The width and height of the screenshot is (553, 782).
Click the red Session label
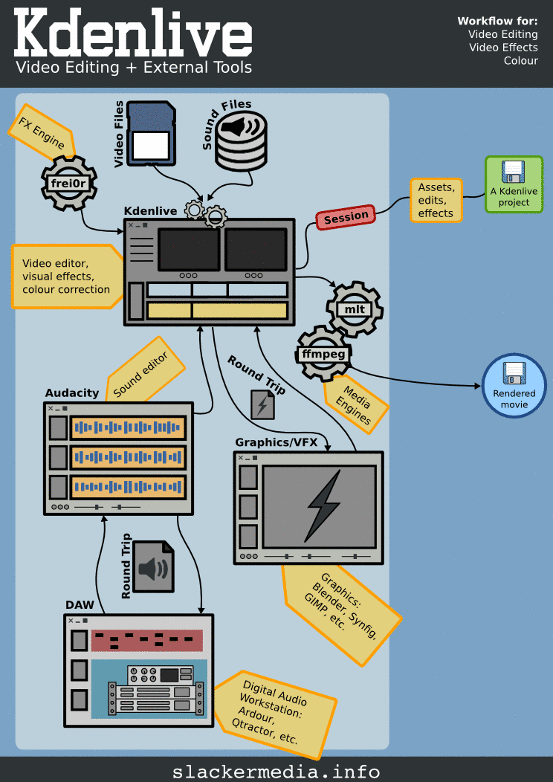pyautogui.click(x=346, y=217)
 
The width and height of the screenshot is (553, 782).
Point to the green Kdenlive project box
pyautogui.click(x=514, y=185)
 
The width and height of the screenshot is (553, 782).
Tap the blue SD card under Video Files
pyautogui.click(x=151, y=133)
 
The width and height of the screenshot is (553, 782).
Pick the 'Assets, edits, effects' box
pyautogui.click(x=436, y=201)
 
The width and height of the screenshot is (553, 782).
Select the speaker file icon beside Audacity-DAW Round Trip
pyautogui.click(x=154, y=566)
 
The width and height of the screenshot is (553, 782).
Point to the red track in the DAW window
pyautogui.click(x=146, y=640)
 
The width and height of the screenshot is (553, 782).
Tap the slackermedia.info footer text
pyautogui.click(x=276, y=771)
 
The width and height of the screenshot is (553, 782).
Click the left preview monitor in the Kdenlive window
pyautogui.click(x=187, y=250)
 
